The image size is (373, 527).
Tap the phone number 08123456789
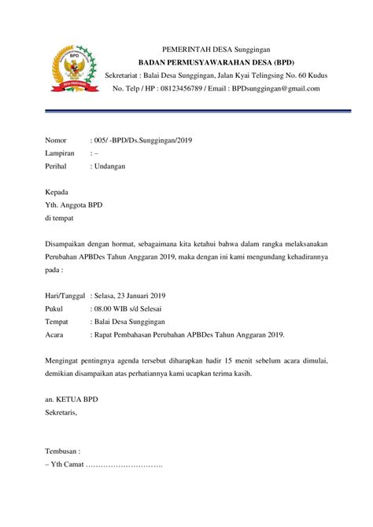tap(179, 89)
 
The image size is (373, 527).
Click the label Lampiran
tap(60, 153)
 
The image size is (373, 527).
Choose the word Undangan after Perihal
tap(110, 167)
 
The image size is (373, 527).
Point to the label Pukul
tap(55, 309)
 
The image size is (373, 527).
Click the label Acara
tap(56, 335)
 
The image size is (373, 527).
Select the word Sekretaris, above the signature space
tap(61, 412)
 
